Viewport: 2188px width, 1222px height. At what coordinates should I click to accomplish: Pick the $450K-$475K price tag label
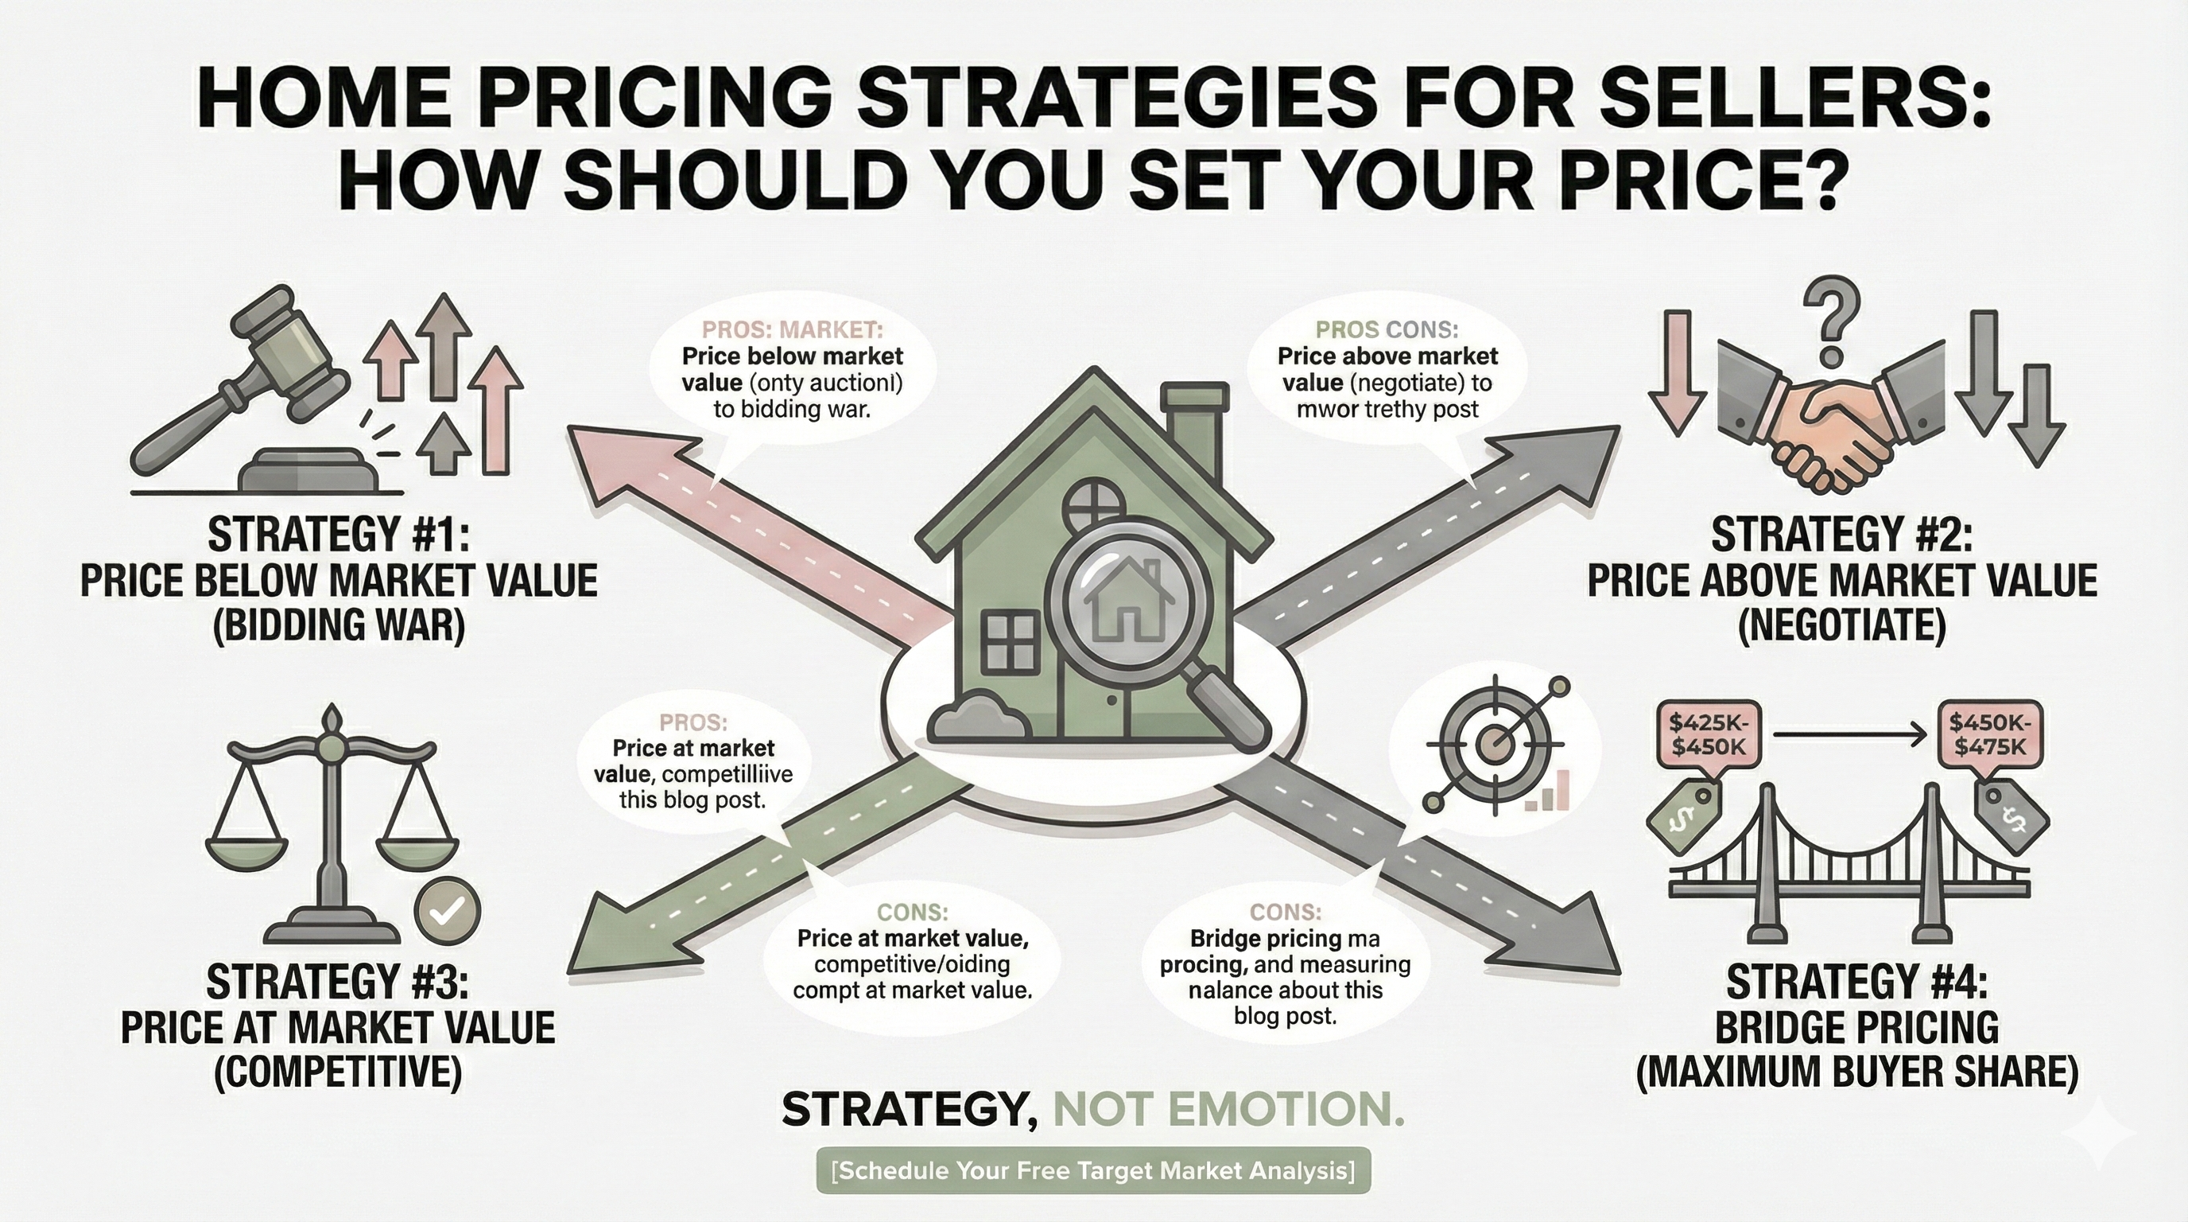coord(1988,735)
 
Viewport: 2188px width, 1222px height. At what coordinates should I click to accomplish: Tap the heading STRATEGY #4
coord(1856,983)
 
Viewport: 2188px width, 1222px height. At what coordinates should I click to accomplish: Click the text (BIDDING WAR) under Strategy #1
coord(339,626)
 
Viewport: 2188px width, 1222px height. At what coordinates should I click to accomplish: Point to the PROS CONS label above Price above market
coord(1387,329)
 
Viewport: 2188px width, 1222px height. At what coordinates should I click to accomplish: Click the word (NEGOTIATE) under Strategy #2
coord(1841,626)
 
